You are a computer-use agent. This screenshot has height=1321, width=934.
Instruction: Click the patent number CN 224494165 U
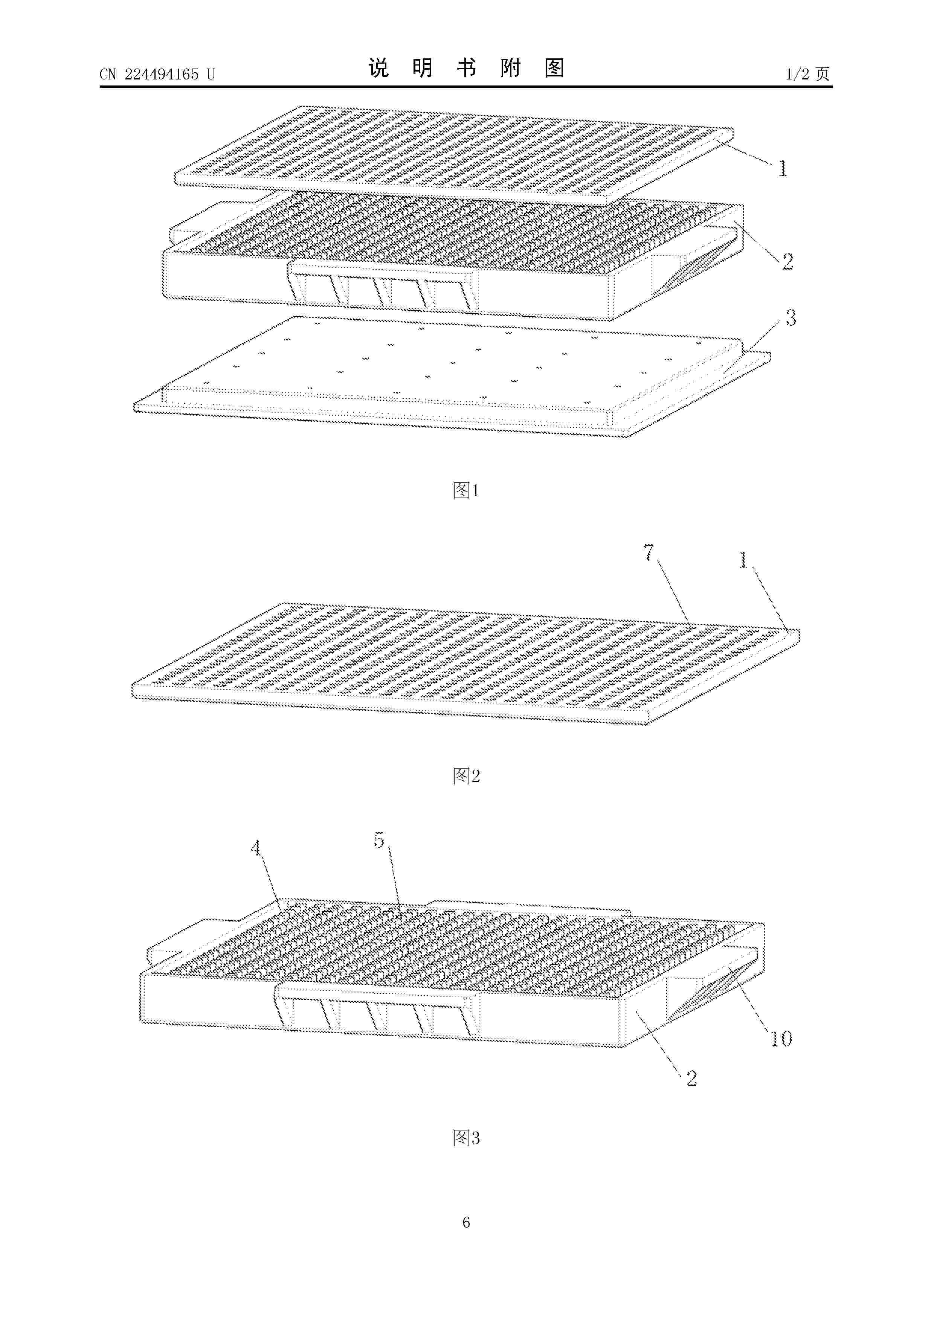point(157,74)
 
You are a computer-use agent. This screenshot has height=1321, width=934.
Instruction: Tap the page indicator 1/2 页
point(808,74)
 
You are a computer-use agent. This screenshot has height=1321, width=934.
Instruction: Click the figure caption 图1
point(466,490)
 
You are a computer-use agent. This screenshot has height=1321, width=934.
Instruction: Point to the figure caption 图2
point(466,776)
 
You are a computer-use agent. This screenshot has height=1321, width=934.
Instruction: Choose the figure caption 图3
point(466,1138)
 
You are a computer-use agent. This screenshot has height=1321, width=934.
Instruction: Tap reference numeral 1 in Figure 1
point(783,169)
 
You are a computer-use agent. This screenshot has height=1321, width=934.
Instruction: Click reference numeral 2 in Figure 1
point(787,262)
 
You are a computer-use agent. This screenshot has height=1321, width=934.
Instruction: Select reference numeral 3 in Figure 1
point(791,317)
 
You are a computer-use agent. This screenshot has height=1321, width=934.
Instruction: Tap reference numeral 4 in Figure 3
point(255,848)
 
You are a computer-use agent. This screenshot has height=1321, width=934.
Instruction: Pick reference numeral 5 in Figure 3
point(378,840)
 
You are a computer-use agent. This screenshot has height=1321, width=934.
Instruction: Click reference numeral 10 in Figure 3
point(781,1039)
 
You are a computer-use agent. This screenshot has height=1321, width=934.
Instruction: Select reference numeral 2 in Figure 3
point(692,1078)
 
